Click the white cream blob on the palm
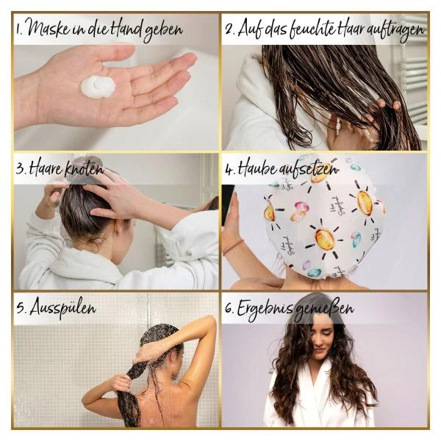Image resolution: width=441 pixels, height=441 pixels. [x=98, y=86]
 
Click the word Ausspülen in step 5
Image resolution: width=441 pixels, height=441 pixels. [x=62, y=307]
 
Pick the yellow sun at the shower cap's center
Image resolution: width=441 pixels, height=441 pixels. [x=325, y=239]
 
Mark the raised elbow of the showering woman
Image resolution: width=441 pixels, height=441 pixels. [x=210, y=320]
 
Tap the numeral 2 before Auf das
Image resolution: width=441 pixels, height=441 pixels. [x=229, y=29]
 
